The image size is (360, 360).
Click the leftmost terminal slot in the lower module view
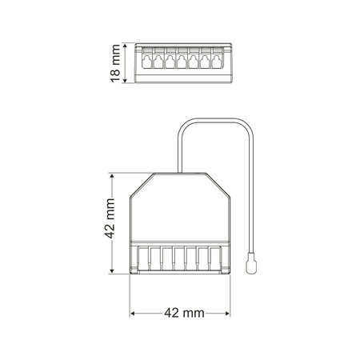[145, 258]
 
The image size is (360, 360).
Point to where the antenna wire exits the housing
[178, 171]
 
